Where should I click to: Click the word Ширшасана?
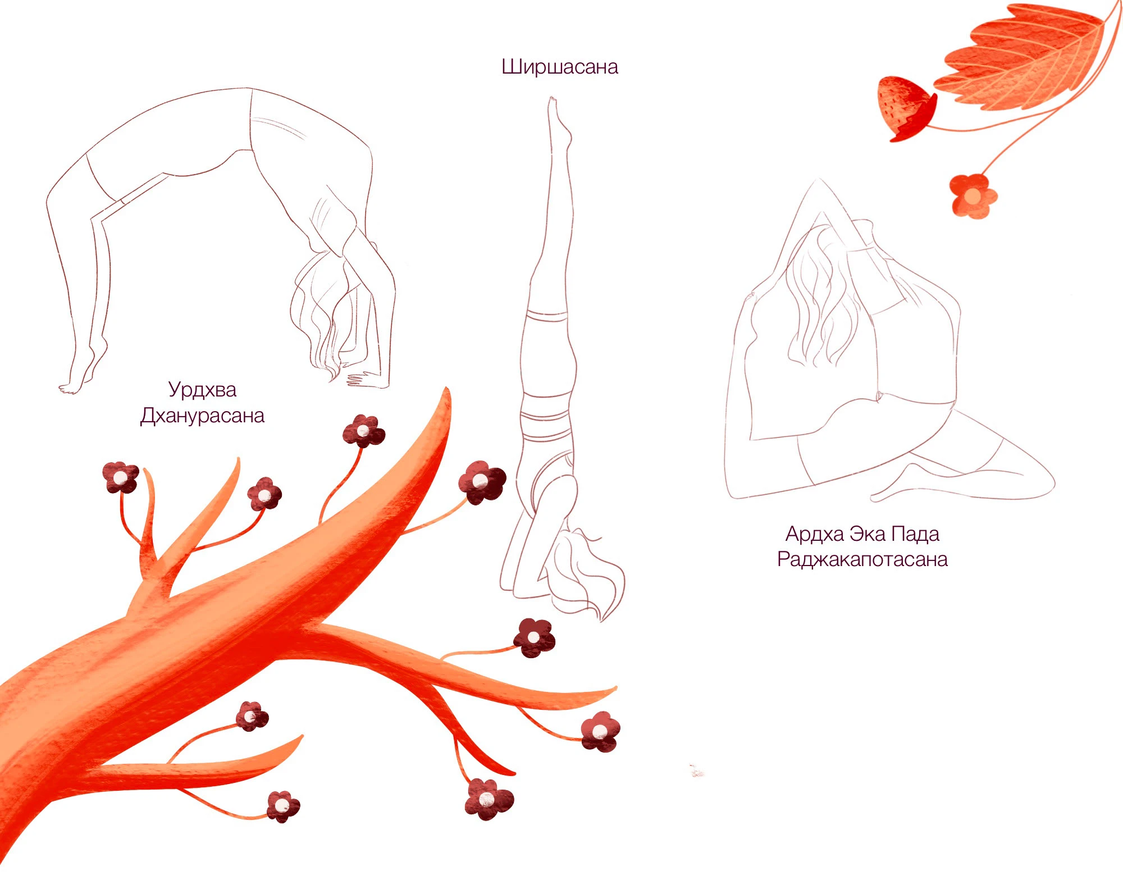tap(559, 67)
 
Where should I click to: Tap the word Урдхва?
tap(202, 390)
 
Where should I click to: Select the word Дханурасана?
tap(202, 416)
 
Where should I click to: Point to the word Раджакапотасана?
tap(862, 560)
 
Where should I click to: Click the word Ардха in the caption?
tap(815, 534)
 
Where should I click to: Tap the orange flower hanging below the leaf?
tap(973, 195)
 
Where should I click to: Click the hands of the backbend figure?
tap(365, 379)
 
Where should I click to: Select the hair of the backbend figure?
tap(326, 314)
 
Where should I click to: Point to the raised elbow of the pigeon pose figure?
tap(819, 182)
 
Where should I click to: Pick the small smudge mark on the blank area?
tap(696, 771)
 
